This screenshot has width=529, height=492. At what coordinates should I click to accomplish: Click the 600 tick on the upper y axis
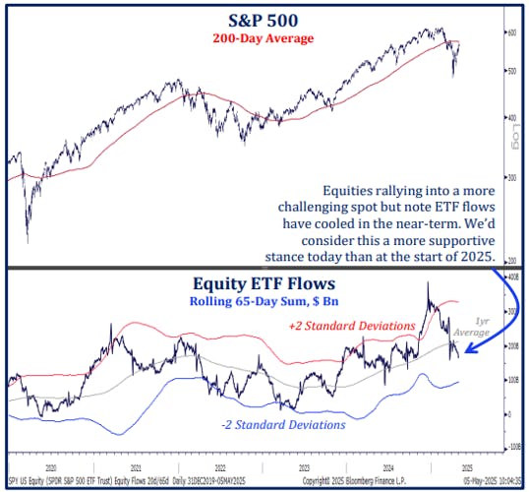point(511,32)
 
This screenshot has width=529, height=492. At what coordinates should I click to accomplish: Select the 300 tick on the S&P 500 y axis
point(511,178)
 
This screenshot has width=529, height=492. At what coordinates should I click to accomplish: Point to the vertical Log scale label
point(513,146)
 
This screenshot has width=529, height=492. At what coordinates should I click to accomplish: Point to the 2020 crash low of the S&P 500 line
point(27,241)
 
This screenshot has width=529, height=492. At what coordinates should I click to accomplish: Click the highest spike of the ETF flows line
point(428,283)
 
